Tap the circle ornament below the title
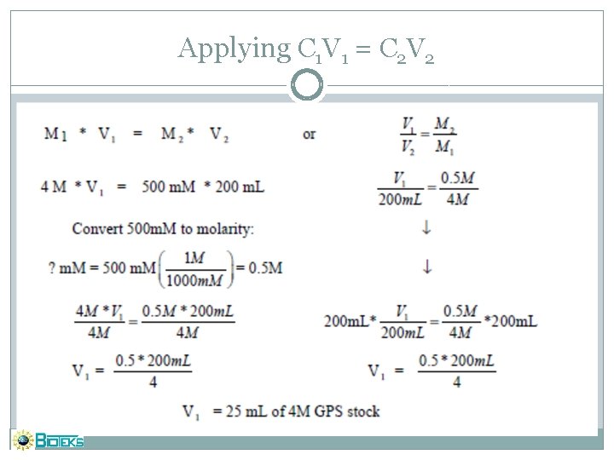pyautogui.click(x=307, y=85)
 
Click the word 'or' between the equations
pyautogui.click(x=309, y=135)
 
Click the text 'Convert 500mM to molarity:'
pyautogui.click(x=163, y=228)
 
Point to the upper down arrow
pyautogui.click(x=426, y=228)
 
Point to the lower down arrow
pyautogui.click(x=426, y=267)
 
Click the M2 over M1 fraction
pyautogui.click(x=443, y=135)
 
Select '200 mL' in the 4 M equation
pyautogui.click(x=242, y=187)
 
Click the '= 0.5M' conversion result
pyautogui.click(x=259, y=267)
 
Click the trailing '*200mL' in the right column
pyautogui.click(x=510, y=321)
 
